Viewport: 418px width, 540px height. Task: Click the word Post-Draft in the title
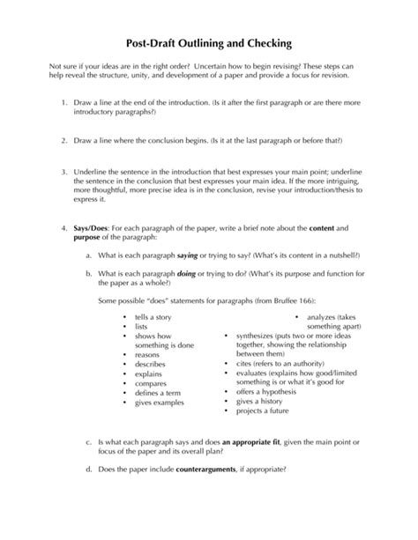coord(146,43)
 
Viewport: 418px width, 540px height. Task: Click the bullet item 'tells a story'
coord(153,314)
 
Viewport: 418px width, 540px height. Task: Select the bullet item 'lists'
coord(142,325)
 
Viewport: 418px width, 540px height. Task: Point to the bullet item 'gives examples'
coord(160,403)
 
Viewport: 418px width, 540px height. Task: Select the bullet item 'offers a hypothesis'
coord(268,391)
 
